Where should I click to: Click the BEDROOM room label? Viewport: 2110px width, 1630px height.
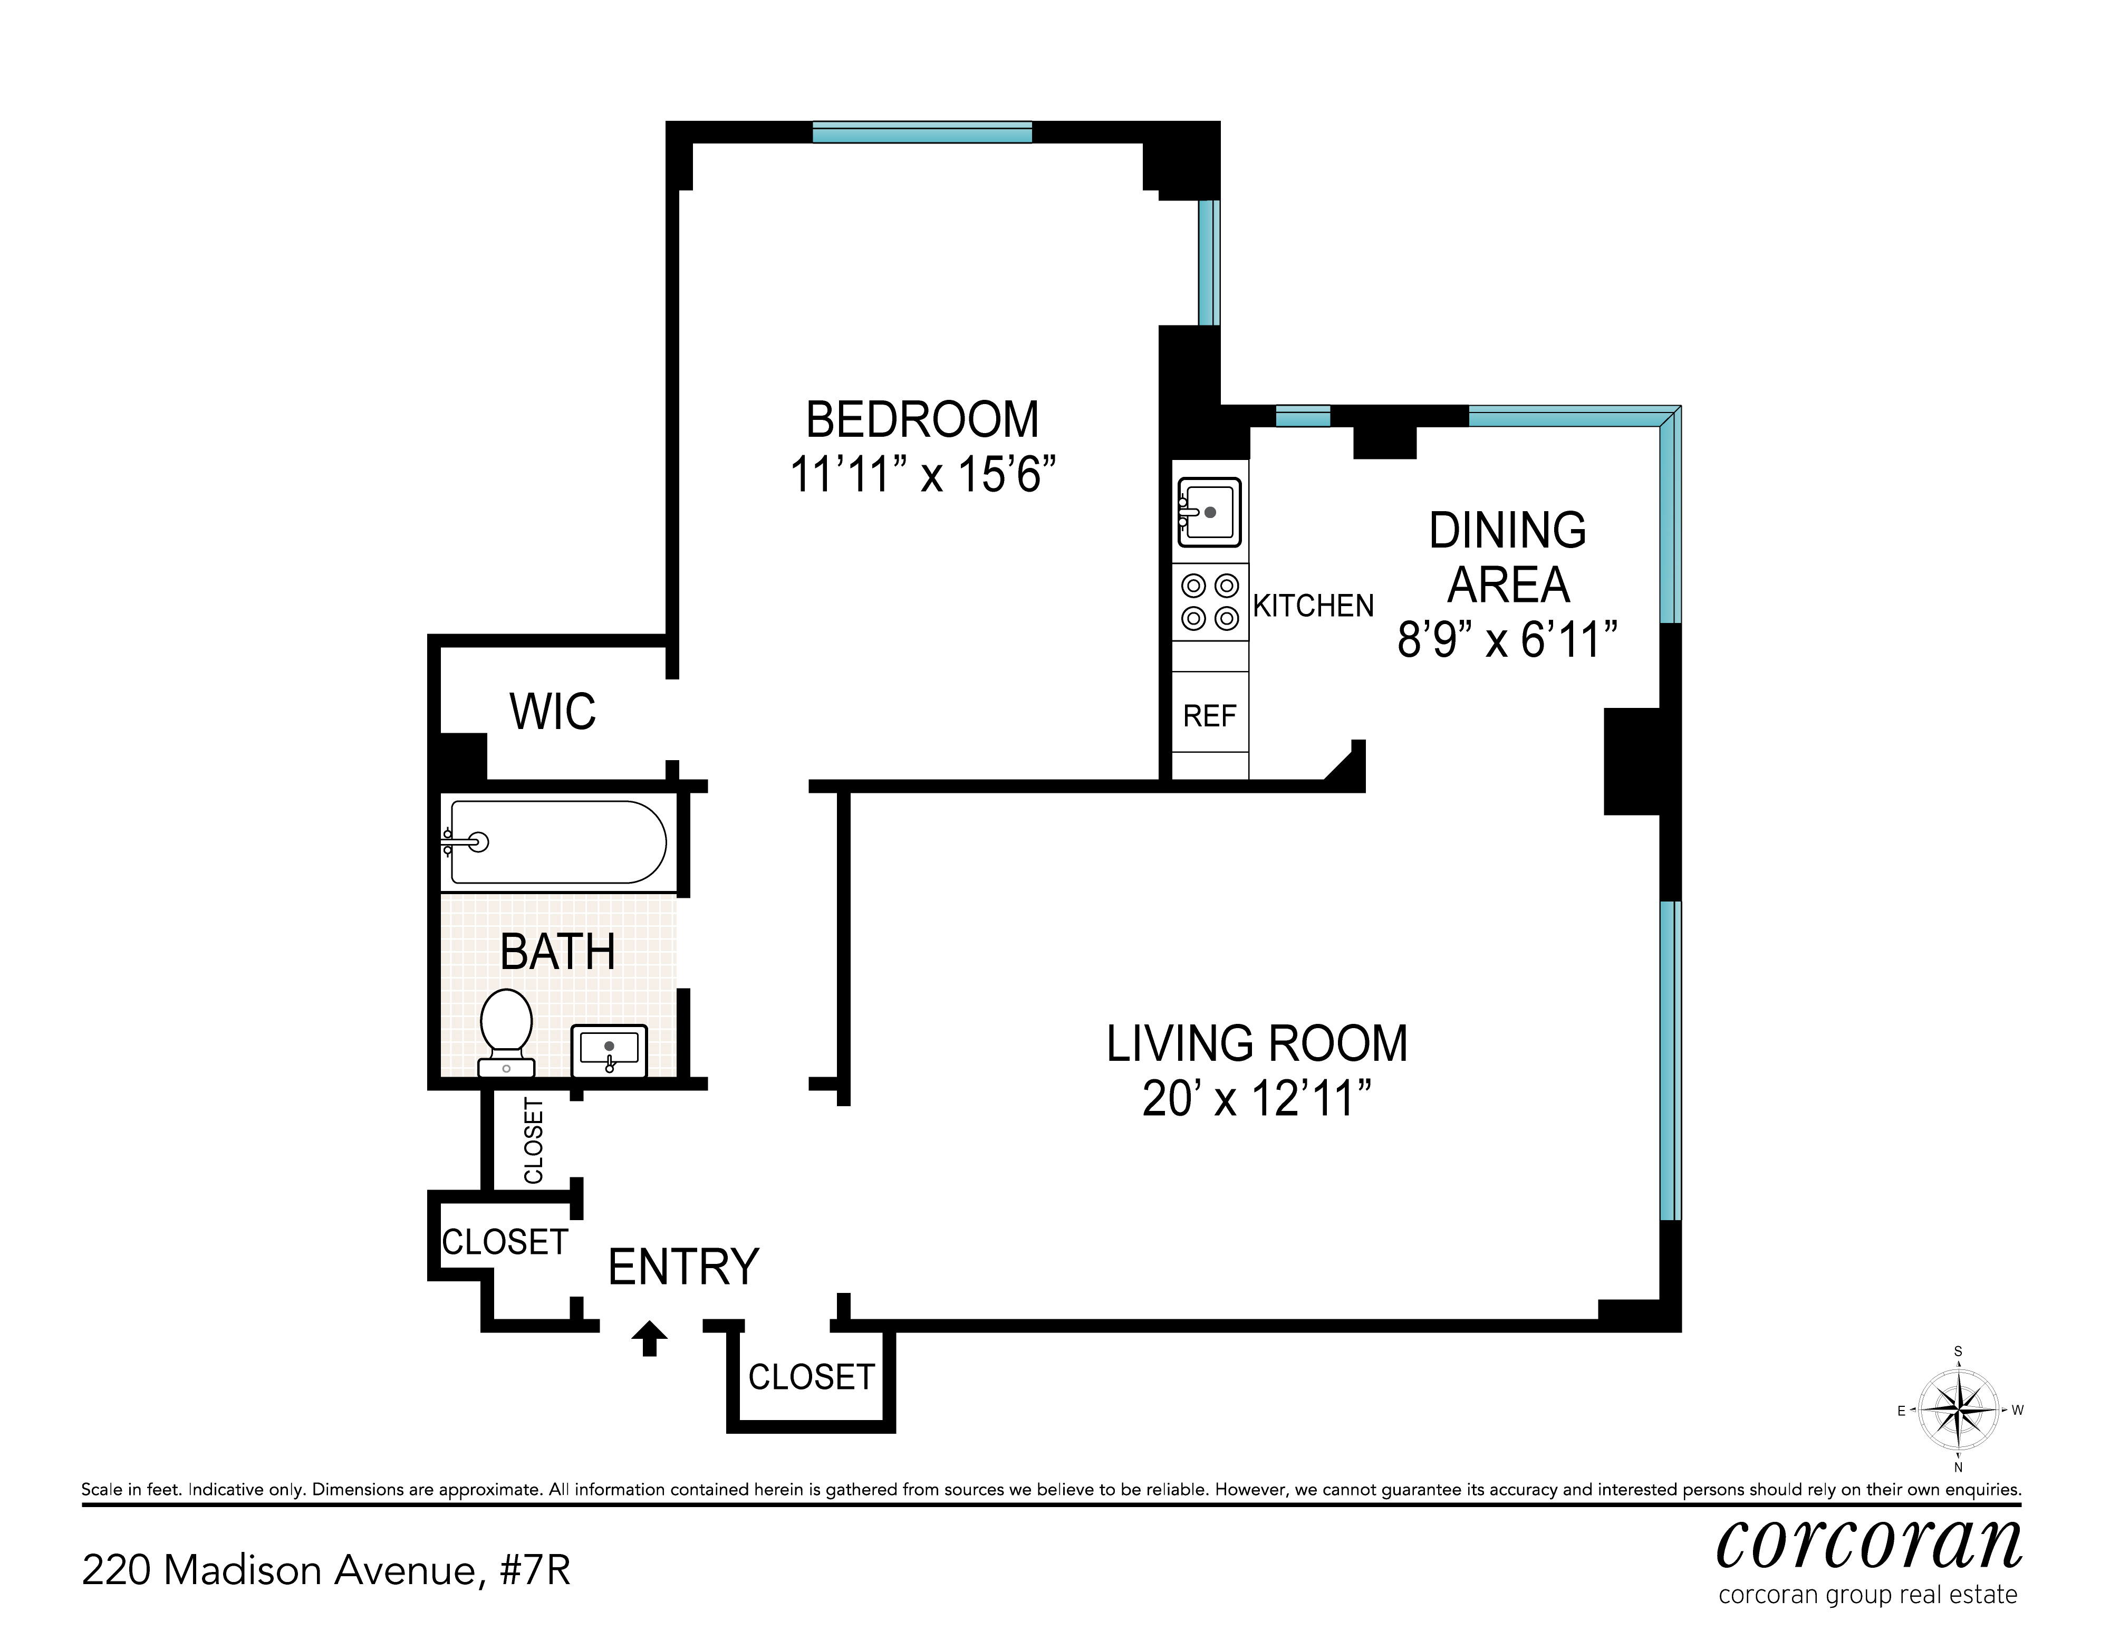(923, 420)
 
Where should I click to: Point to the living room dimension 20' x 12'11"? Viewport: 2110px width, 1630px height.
(1257, 1099)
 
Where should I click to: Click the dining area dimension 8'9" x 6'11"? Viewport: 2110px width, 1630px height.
(1507, 640)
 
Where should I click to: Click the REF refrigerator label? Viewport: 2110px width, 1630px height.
(1210, 716)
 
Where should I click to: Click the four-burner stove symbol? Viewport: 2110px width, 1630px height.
(1210, 602)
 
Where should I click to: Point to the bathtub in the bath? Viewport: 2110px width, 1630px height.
(555, 841)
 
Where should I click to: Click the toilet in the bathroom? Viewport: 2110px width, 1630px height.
(506, 1032)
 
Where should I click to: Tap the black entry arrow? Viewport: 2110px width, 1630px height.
(649, 1338)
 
